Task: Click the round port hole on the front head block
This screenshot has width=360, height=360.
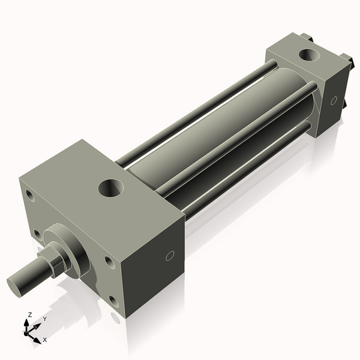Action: click(x=111, y=188)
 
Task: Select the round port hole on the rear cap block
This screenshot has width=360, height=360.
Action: click(x=310, y=55)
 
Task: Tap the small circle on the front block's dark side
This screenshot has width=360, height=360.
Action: click(x=170, y=256)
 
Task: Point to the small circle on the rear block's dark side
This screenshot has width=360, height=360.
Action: click(x=334, y=100)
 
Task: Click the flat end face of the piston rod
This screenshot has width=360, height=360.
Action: click(x=14, y=286)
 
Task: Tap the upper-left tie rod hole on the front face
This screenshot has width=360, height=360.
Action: click(x=30, y=196)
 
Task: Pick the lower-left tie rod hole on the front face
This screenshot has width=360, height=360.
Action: click(x=38, y=235)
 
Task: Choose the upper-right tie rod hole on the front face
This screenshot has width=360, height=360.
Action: click(x=109, y=262)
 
